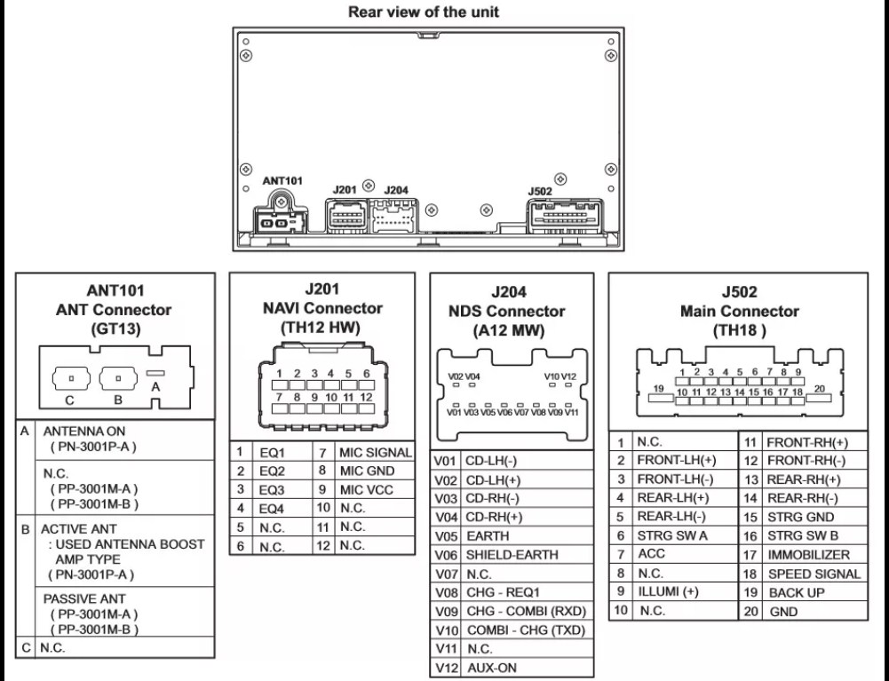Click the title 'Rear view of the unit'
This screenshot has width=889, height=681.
(x=424, y=12)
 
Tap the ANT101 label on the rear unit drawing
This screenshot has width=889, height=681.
(x=282, y=180)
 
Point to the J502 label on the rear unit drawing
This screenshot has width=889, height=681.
(x=539, y=190)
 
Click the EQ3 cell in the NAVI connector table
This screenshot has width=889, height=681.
(x=272, y=489)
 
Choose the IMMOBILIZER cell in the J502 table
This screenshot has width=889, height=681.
(x=808, y=554)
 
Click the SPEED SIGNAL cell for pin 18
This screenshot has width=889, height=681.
(x=814, y=574)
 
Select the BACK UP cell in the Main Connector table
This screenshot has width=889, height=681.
(x=797, y=592)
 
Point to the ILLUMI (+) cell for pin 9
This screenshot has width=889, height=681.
(x=668, y=591)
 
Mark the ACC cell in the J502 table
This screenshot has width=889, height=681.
(x=652, y=553)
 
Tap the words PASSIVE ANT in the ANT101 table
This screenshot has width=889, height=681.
(x=84, y=598)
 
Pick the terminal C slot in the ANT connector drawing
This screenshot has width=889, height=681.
(x=68, y=376)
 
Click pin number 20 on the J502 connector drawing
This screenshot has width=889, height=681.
(x=818, y=388)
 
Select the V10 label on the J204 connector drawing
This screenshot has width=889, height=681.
(x=552, y=376)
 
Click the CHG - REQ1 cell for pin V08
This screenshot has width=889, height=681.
(x=503, y=591)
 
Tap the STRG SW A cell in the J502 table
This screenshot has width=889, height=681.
(x=672, y=535)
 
